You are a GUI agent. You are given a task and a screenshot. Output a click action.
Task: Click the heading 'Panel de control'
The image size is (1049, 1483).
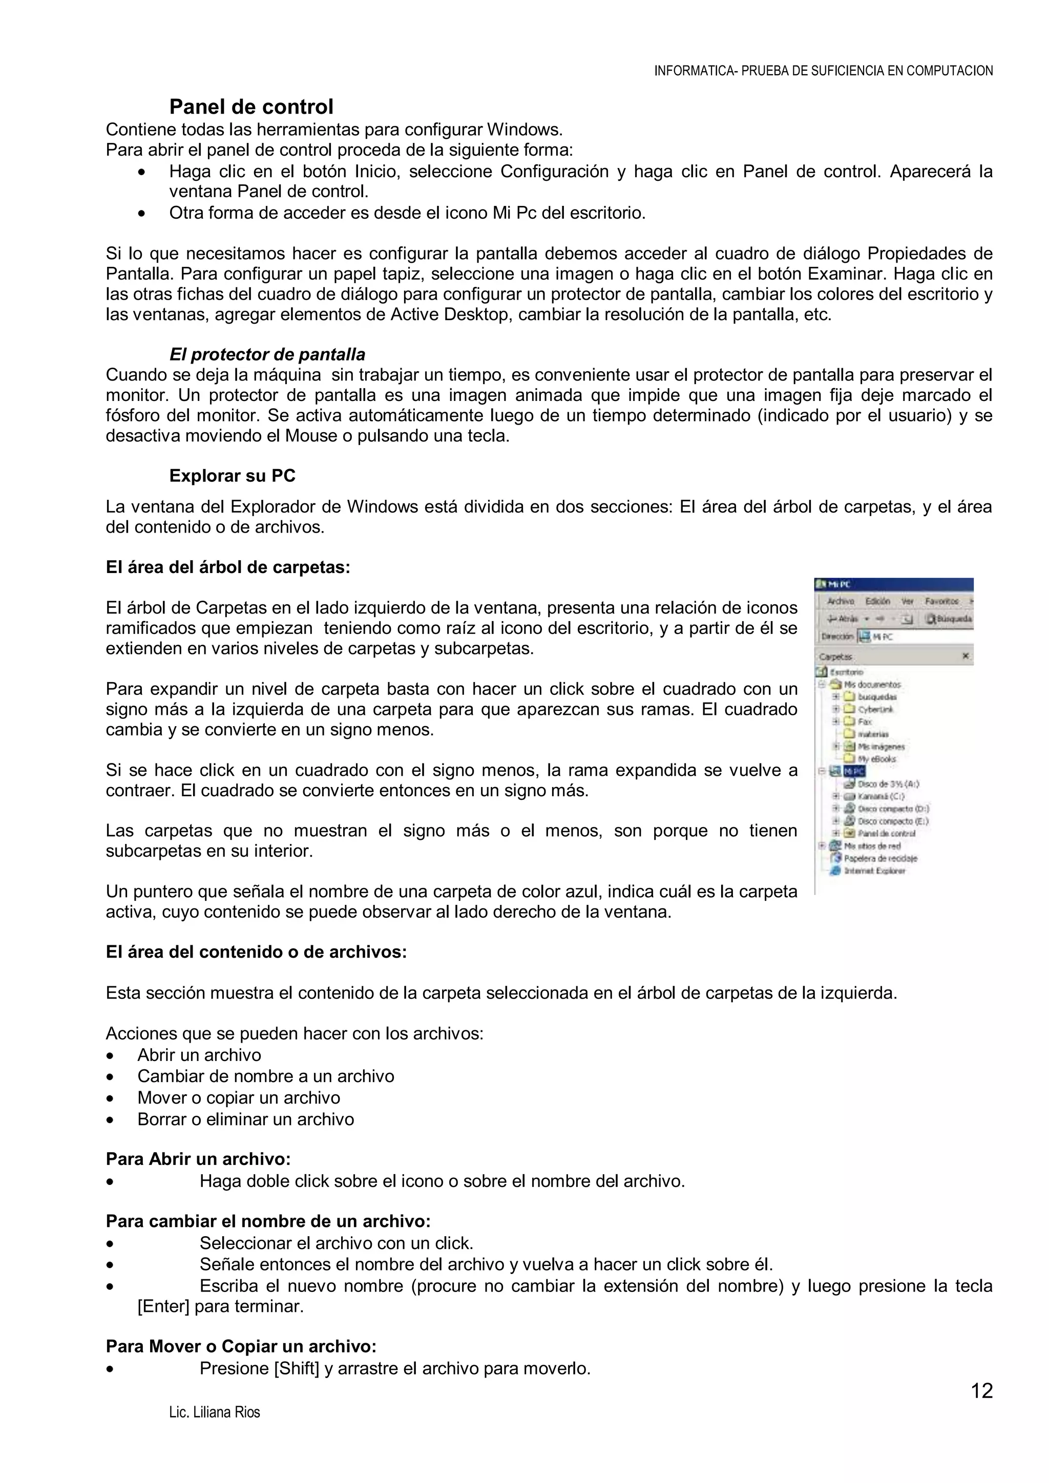point(251,107)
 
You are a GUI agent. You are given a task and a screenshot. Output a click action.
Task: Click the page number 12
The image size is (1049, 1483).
point(982,1391)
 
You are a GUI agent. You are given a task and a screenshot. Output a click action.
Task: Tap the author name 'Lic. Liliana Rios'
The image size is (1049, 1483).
point(215,1413)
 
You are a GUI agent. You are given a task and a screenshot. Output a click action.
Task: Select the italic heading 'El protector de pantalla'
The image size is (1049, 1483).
point(267,354)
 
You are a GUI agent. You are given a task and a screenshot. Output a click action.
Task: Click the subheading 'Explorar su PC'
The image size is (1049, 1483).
point(232,476)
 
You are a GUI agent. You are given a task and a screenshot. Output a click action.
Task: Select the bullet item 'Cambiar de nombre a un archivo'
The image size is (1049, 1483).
point(265,1076)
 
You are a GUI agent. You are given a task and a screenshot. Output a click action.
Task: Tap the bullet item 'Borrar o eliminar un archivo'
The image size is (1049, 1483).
point(245,1119)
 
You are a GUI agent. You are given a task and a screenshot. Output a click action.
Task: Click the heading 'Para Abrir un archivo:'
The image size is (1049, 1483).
point(198,1159)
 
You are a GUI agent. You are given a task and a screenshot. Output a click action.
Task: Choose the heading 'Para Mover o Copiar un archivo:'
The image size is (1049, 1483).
point(241,1346)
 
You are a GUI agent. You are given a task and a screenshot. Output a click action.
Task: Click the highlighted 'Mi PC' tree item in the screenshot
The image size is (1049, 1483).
point(854,771)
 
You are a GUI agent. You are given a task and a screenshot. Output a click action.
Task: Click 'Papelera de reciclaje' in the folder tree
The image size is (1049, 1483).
point(880,858)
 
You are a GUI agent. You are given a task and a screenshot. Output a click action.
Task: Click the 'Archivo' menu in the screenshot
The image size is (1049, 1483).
point(841,601)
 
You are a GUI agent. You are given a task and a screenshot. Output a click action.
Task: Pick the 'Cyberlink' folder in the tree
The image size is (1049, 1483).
point(875,709)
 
